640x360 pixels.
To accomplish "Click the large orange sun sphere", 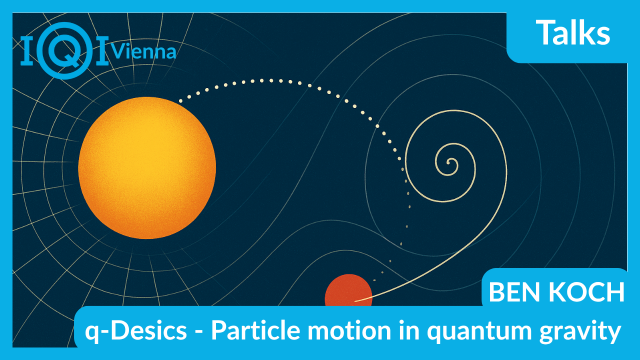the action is (x=147, y=167).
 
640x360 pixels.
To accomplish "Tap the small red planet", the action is (x=348, y=290).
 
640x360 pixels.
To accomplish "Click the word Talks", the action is (x=573, y=32).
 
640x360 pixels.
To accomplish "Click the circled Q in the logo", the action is (x=65, y=50).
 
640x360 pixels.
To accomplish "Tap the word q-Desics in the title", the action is (x=136, y=331).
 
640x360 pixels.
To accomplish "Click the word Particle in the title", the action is (x=255, y=329).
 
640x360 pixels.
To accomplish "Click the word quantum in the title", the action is (x=479, y=332).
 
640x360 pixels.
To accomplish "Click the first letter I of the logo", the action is (x=27, y=50).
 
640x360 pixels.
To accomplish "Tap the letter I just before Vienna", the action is (x=102, y=50).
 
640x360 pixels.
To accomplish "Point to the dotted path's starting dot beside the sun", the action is (x=180, y=101).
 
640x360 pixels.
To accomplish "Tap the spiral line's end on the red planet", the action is (x=355, y=301).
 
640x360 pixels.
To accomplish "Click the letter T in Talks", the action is (x=545, y=32).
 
